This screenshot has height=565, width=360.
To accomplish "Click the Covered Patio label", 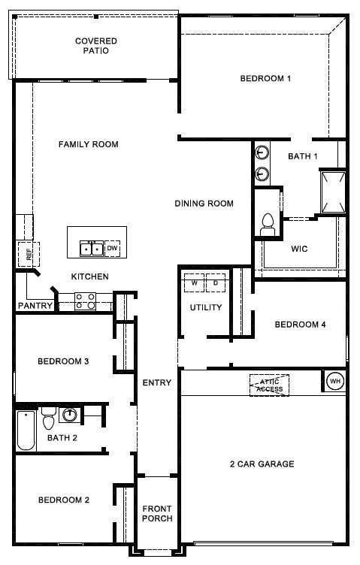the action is click(96, 46).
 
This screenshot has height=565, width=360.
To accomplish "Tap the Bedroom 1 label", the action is click(265, 78).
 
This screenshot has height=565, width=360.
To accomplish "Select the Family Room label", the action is click(89, 144).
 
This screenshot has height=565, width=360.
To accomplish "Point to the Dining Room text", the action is click(204, 203).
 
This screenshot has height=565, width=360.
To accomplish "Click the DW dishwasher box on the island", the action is click(113, 248).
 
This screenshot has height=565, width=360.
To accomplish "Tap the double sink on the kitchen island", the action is click(92, 249).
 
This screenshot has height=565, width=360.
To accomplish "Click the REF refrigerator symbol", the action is click(29, 255).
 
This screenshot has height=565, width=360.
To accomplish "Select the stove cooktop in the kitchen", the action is click(86, 301).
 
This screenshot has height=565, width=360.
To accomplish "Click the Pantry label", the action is click(35, 306).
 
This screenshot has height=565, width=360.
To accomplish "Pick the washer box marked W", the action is click(194, 282).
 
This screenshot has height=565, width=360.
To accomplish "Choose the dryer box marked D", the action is click(216, 282).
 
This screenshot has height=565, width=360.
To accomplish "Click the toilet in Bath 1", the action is click(268, 225).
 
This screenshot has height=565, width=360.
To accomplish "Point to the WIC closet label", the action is click(299, 249).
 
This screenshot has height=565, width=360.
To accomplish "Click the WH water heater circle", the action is click(335, 381).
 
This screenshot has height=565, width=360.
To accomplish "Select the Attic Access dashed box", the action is click(270, 385).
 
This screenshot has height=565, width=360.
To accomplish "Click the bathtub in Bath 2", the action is click(26, 431).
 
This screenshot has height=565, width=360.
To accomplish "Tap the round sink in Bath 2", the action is click(70, 415).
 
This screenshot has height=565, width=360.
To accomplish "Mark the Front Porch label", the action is click(157, 513).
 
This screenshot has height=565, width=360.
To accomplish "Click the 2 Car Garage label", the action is click(262, 464).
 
